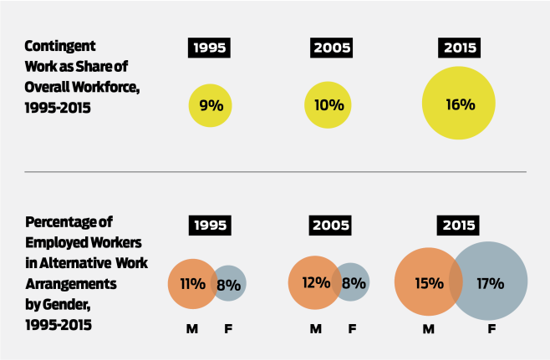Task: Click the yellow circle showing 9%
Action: tap(211, 105)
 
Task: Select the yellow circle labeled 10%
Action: tap(328, 105)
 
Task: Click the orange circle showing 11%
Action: tap(191, 283)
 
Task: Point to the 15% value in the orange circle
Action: tap(428, 283)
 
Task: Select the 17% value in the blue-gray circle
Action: tap(491, 283)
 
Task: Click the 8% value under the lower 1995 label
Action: tap(229, 283)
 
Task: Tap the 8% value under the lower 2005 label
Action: tap(353, 282)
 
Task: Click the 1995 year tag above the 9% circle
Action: tap(211, 47)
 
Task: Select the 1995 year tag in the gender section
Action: tap(211, 225)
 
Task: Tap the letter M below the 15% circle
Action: tap(429, 329)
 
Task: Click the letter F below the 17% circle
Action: tap(491, 329)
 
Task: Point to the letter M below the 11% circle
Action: tap(191, 329)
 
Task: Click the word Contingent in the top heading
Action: tap(59, 46)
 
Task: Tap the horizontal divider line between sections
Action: tap(275, 172)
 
